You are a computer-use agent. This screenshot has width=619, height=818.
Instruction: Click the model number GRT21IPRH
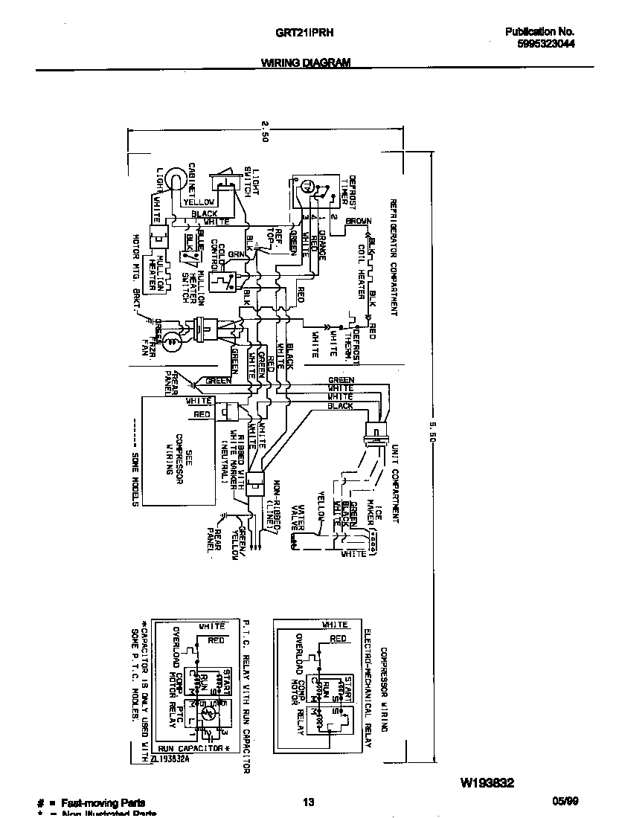tap(306, 33)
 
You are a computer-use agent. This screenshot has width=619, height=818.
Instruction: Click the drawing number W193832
tap(487, 782)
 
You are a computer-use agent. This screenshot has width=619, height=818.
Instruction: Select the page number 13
tap(309, 802)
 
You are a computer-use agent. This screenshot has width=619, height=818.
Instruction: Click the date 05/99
tap(565, 802)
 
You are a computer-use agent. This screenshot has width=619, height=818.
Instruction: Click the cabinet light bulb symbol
tap(173, 179)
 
